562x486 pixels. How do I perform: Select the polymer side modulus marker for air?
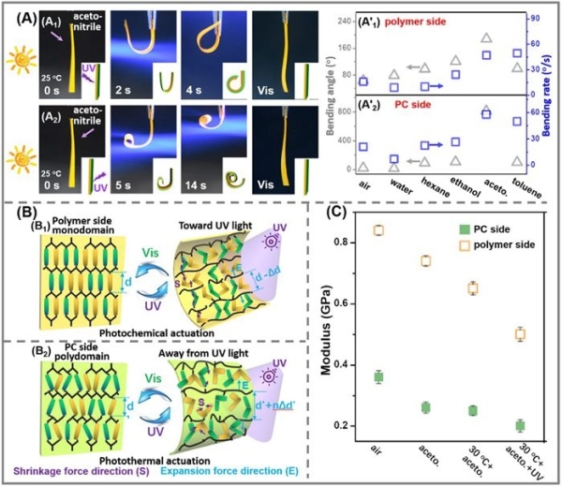379,229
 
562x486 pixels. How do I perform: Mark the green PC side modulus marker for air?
379,376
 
